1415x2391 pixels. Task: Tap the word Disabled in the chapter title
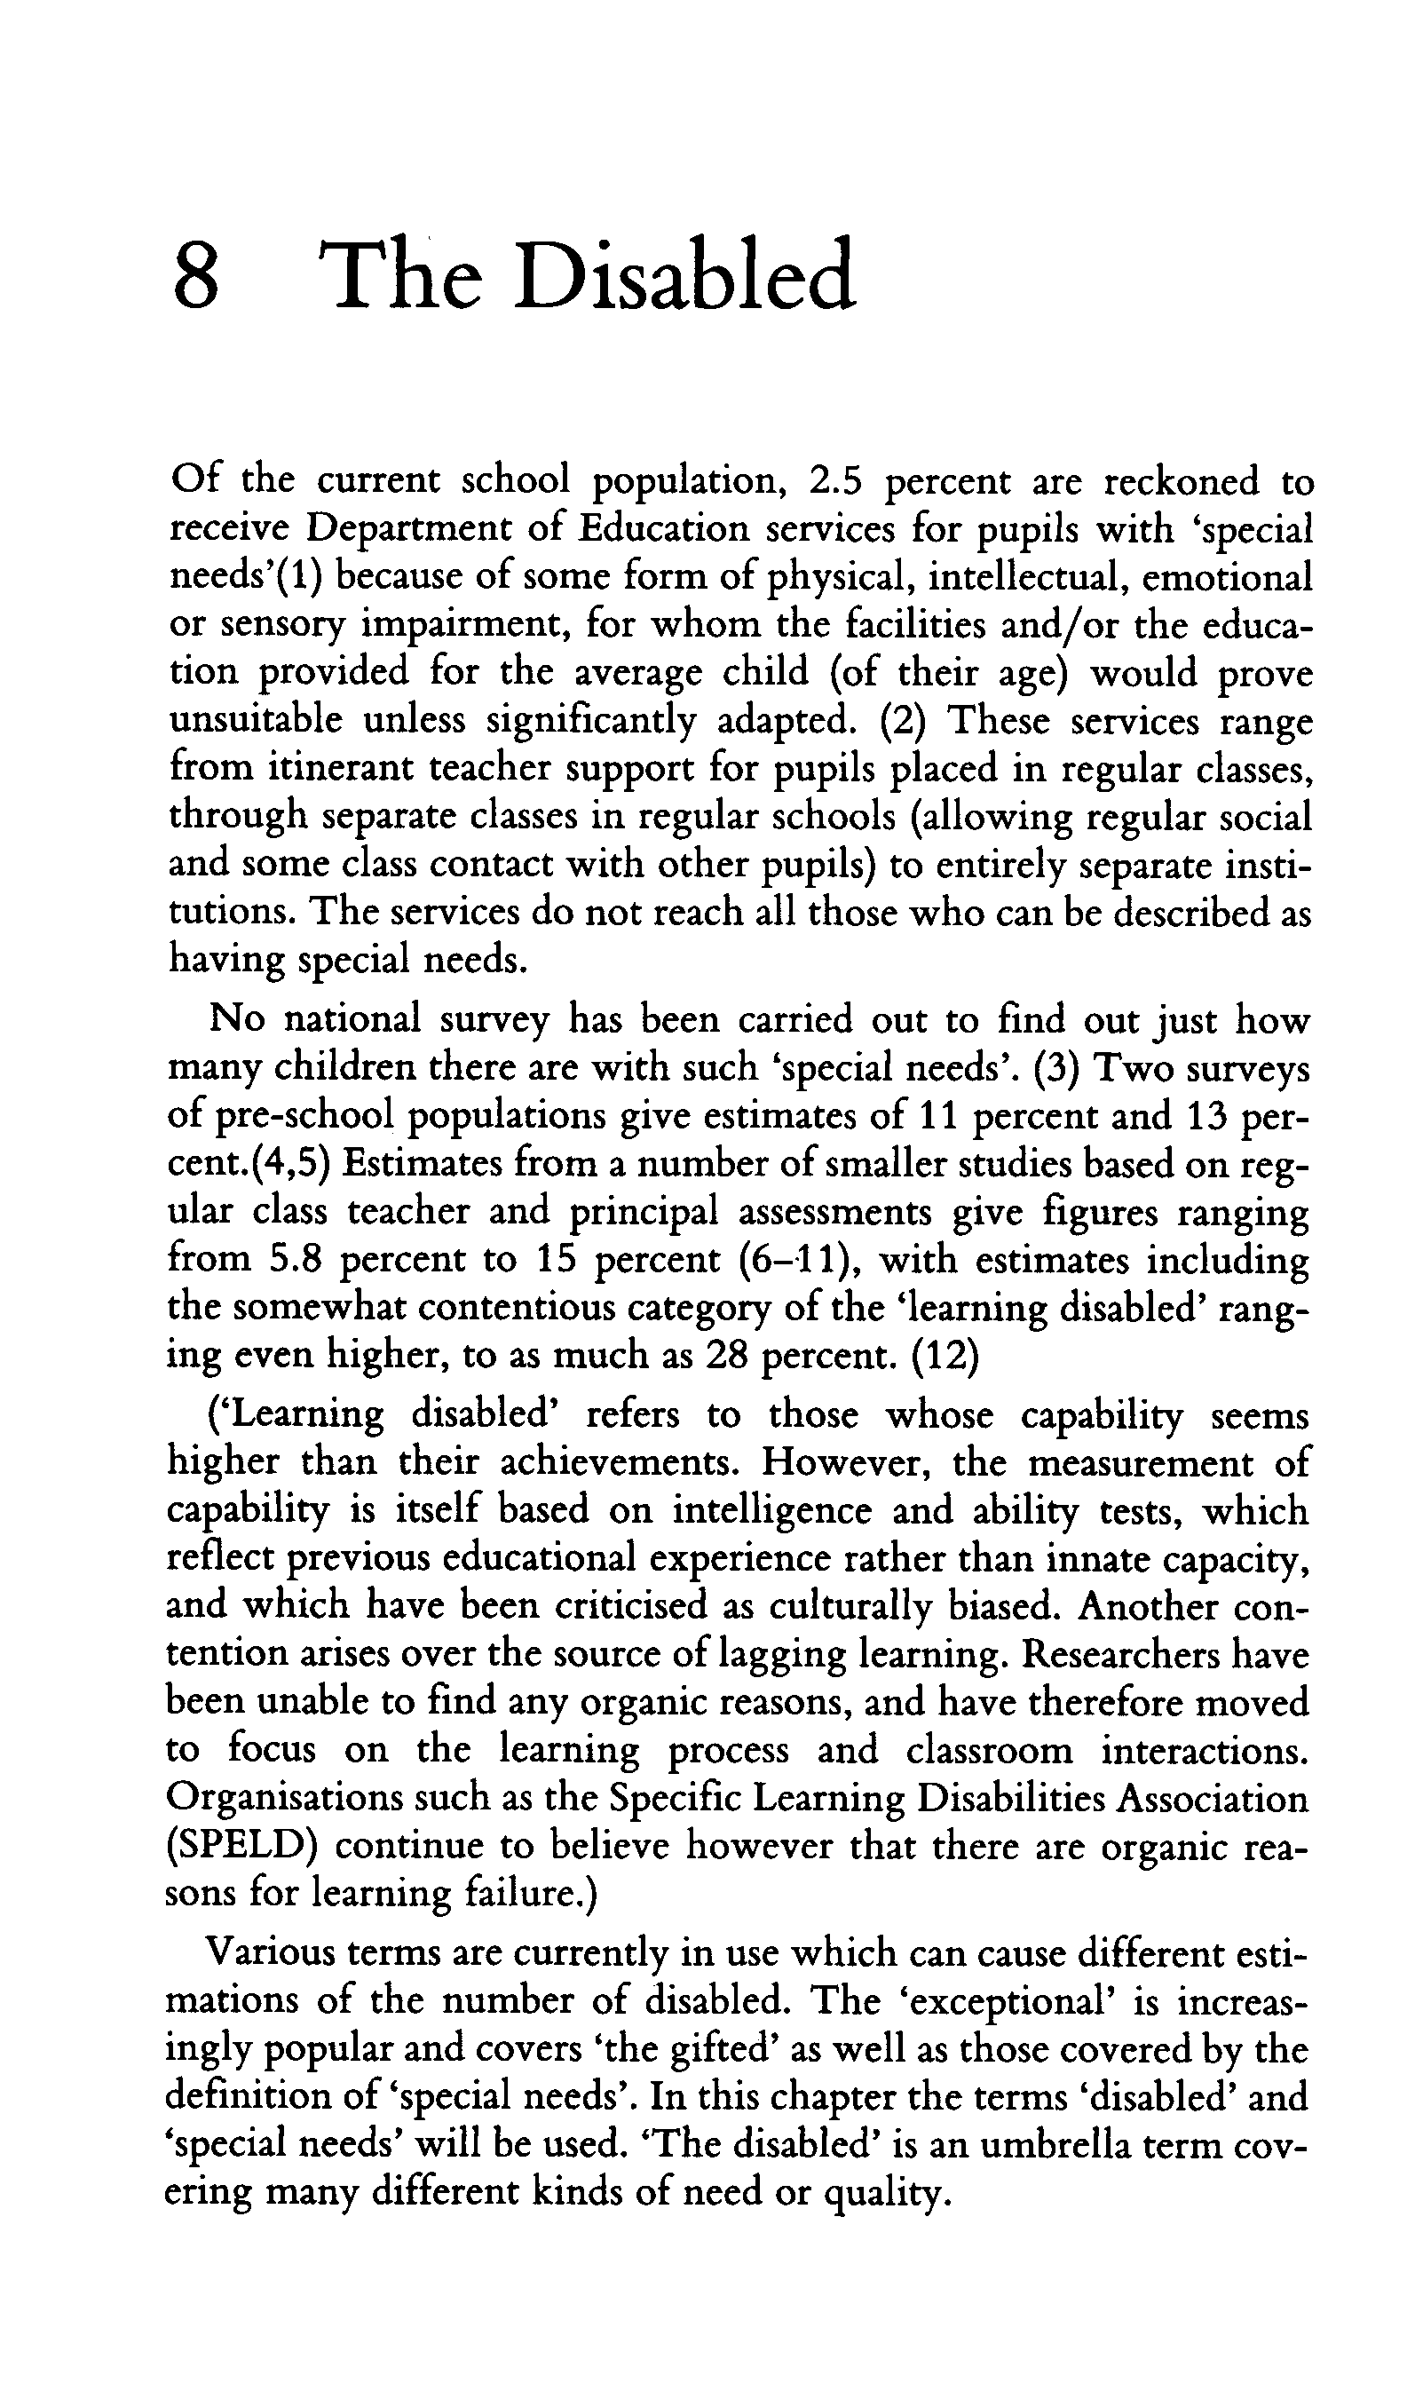[684, 276]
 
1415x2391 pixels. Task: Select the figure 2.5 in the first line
[835, 481]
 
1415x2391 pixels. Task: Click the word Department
[412, 529]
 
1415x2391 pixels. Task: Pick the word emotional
[1226, 578]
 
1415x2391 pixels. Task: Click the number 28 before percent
[725, 1357]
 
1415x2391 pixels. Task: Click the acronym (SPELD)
[241, 1847]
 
